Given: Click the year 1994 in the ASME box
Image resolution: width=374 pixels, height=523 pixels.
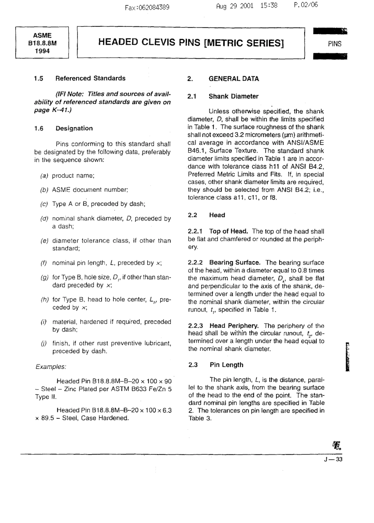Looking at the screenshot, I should pyautogui.click(x=42, y=51).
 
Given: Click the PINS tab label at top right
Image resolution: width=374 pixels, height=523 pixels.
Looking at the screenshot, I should pyautogui.click(x=334, y=44).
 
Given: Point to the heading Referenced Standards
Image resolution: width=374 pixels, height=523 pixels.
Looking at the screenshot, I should pyautogui.click(x=90, y=78).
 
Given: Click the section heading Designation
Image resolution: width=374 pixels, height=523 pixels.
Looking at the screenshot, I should pyautogui.click(x=74, y=128).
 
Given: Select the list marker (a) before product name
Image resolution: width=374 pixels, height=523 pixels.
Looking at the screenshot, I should pyautogui.click(x=44, y=176).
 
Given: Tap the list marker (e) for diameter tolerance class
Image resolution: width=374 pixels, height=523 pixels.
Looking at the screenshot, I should pyautogui.click(x=44, y=240).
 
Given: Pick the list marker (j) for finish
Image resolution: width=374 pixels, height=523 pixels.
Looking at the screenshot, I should pyautogui.click(x=44, y=343).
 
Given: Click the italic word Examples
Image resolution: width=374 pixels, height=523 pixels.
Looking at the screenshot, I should pyautogui.click(x=50, y=367).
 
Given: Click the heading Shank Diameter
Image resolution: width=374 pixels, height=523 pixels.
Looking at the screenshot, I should pyautogui.click(x=233, y=96).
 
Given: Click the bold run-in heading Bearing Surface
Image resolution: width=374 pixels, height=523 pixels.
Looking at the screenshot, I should pyautogui.click(x=235, y=262).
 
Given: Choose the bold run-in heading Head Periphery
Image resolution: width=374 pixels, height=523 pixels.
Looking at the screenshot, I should pyautogui.click(x=234, y=326).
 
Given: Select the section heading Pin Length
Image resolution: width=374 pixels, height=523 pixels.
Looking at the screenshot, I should pyautogui.click(x=226, y=365).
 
